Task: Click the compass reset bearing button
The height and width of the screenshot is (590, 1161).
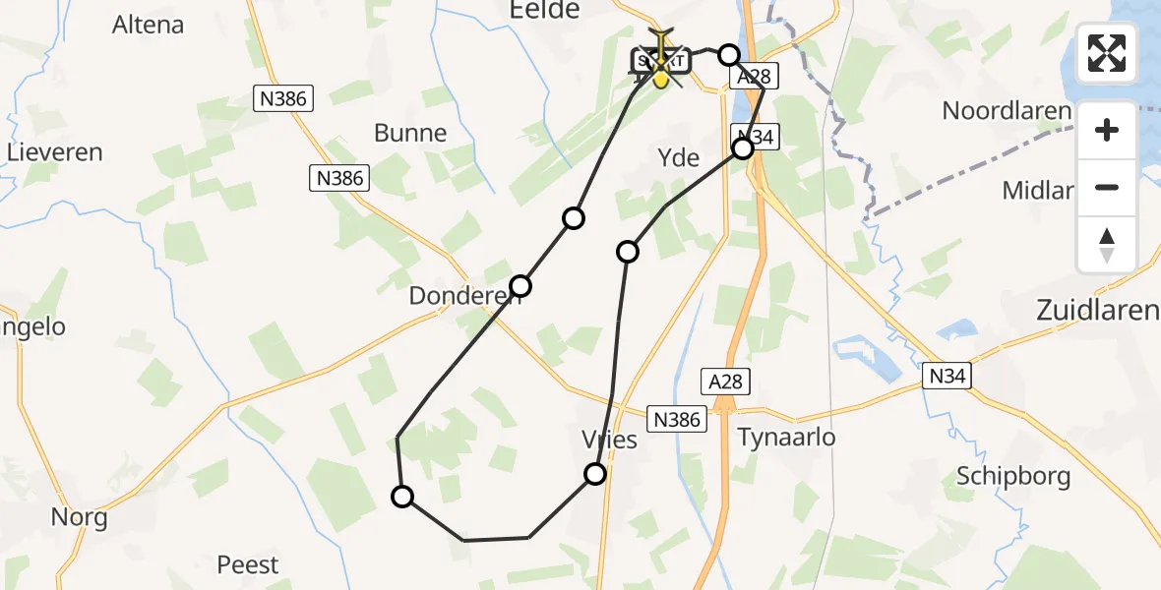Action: (1107, 245)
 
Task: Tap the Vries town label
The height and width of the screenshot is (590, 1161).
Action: (610, 440)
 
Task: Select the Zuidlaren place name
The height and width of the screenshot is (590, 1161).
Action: (1097, 312)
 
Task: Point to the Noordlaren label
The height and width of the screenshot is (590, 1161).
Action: (1006, 110)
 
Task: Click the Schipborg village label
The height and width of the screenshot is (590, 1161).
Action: (1013, 477)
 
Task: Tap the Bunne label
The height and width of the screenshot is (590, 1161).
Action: (410, 133)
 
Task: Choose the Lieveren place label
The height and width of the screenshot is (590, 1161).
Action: (55, 152)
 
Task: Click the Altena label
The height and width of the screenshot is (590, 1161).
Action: (149, 25)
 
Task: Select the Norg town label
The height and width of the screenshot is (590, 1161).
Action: (80, 517)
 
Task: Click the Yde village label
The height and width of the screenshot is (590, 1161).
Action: (678, 157)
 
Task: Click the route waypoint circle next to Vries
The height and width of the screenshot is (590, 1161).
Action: (595, 474)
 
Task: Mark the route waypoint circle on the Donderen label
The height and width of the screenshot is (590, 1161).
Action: (520, 286)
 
